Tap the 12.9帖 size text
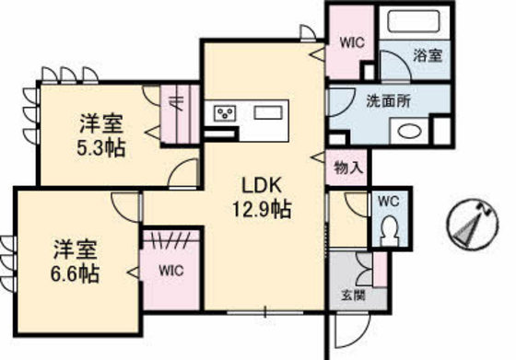261,210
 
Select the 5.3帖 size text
101,146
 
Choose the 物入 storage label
348,168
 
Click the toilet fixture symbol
387,227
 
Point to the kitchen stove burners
225,112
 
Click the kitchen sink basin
270,112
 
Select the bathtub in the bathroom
415,23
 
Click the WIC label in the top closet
353,41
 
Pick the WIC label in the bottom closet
171,271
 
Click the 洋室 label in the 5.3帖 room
95,122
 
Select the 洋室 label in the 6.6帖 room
70,248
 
